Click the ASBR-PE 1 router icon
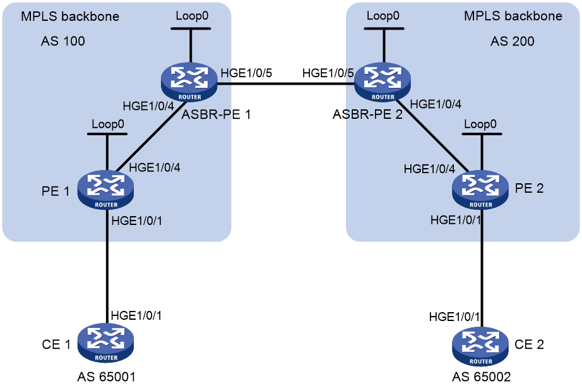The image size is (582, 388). (x=189, y=82)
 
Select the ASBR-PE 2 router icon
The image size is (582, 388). (x=383, y=82)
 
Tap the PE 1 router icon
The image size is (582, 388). (x=106, y=190)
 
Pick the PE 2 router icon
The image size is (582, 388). (x=480, y=190)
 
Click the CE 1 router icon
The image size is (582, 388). (x=106, y=343)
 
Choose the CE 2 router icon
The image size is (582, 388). (x=480, y=346)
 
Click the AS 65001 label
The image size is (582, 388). (x=106, y=377)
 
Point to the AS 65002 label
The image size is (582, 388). (x=482, y=377)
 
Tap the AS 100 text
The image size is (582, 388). (x=62, y=41)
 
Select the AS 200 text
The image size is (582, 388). (x=512, y=41)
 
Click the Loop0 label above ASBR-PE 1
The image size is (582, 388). (x=192, y=16)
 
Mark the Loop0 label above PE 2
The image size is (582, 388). (x=480, y=124)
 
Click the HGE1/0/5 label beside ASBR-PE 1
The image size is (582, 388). (x=246, y=73)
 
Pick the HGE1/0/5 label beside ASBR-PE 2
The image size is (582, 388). (x=328, y=73)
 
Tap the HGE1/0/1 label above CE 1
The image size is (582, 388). (x=136, y=315)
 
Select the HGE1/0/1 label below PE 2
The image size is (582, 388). (x=456, y=220)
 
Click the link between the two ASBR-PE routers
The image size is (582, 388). (x=286, y=84)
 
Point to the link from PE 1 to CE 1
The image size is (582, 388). (x=107, y=266)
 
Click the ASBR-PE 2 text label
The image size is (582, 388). (x=367, y=114)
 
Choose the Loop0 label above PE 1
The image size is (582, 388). (x=108, y=124)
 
